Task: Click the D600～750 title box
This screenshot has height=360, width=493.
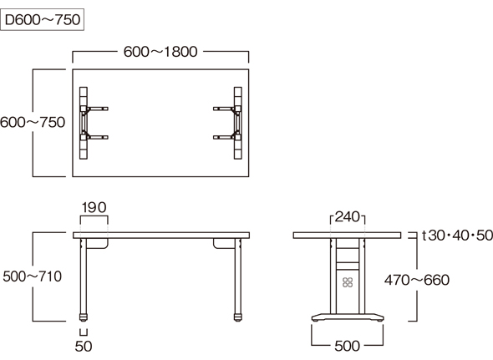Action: coord(42,19)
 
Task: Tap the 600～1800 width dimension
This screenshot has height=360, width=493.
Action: coord(160,52)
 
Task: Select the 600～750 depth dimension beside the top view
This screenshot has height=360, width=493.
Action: coord(33,122)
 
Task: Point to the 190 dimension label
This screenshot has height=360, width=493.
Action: coord(94,207)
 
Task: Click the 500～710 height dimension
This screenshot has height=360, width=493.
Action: coord(33,276)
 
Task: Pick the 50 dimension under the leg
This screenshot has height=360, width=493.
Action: coord(84,346)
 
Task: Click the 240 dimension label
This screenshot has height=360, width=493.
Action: coord(348,217)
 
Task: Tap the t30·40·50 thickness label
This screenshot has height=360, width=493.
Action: coord(457,236)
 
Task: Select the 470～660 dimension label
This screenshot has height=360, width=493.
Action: coord(417,280)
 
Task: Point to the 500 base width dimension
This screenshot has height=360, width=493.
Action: coord(347,346)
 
